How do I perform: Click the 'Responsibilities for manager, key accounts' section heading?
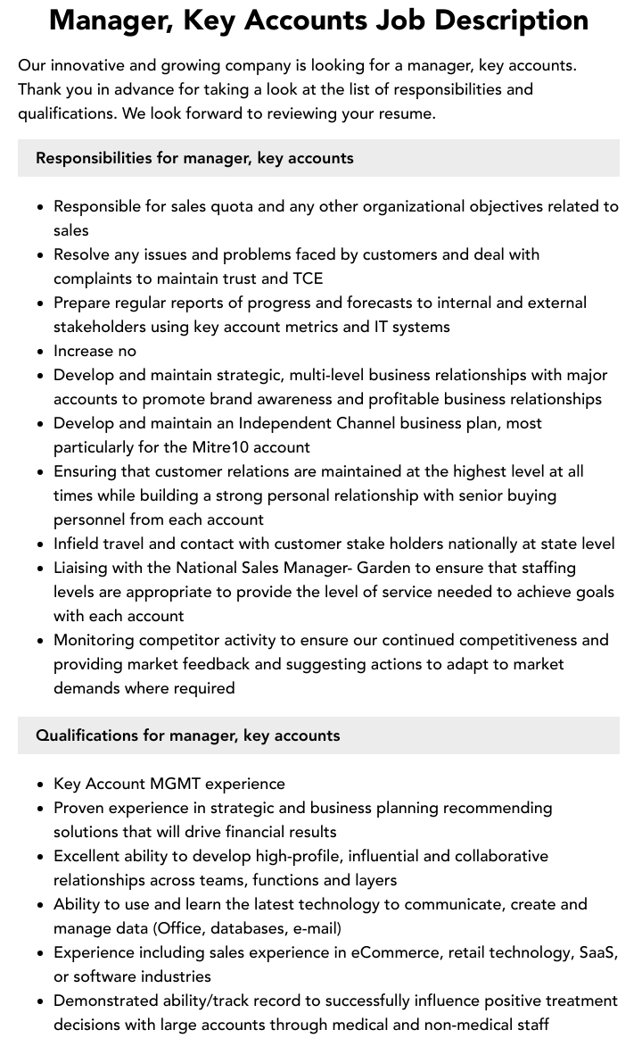point(194,158)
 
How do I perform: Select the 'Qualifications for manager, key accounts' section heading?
point(187,735)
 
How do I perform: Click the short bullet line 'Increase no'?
point(95,351)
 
